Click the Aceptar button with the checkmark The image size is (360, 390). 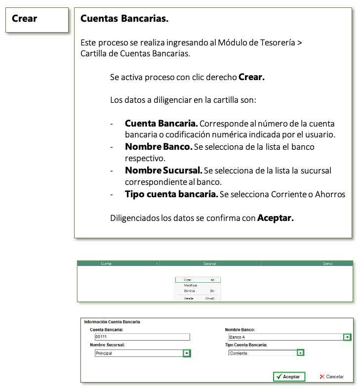pos(289,376)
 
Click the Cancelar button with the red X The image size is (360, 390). pos(331,376)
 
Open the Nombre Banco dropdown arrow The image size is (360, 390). pos(347,337)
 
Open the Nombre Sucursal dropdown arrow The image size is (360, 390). pos(186,353)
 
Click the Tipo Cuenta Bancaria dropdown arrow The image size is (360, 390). pos(300,352)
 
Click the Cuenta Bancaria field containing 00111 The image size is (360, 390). pos(142,337)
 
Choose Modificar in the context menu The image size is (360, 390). pos(191,285)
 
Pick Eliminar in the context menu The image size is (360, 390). pos(190,291)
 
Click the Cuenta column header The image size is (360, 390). pos(107,264)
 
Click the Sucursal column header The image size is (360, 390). pos(210,264)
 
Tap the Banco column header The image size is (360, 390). pos(327,264)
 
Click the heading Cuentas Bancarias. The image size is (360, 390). pos(124,19)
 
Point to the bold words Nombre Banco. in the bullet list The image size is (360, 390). pos(158,147)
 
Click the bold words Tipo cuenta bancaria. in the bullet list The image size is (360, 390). pos(171,194)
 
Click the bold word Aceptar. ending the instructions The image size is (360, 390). pos(276,218)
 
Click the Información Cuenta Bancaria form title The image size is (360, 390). pos(112,322)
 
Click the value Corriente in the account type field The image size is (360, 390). pos(239,353)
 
